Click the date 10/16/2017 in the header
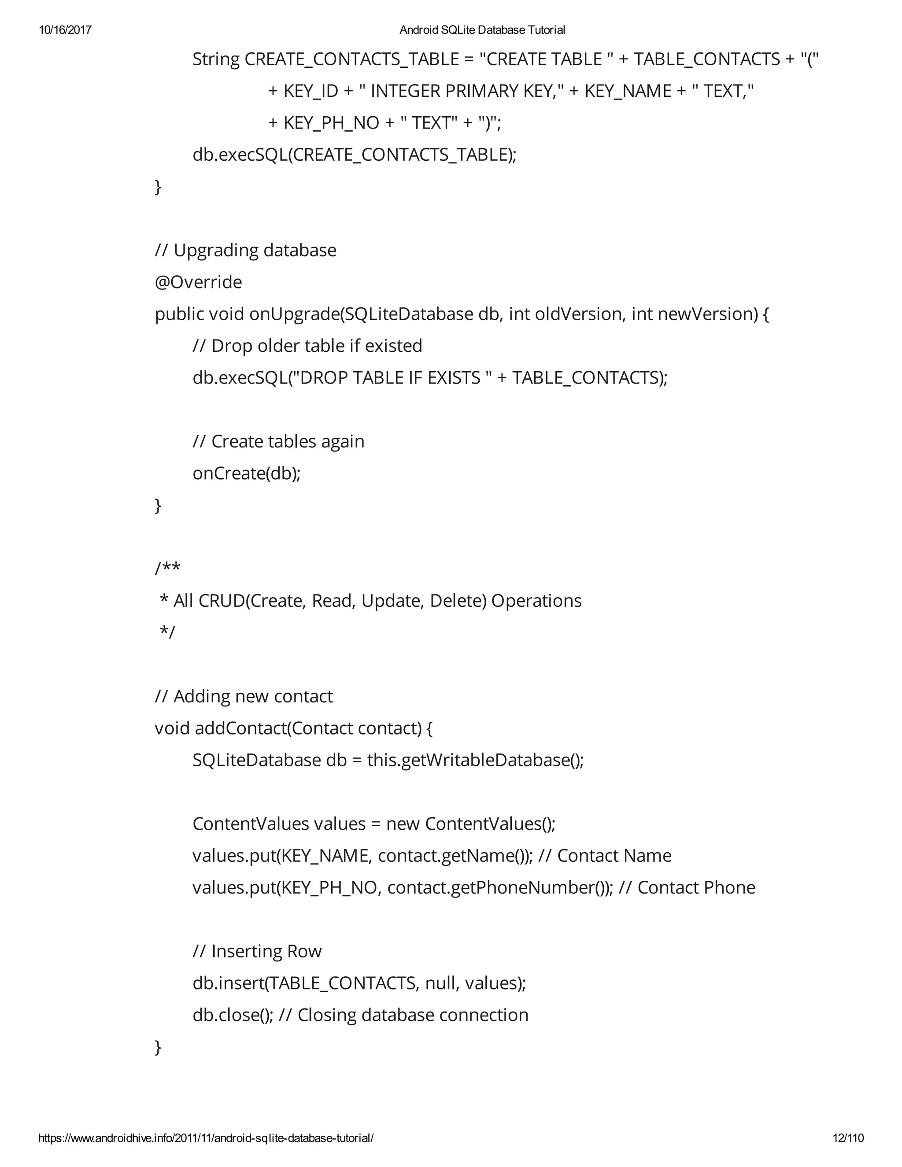(65, 30)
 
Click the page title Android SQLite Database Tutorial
(482, 30)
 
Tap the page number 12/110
(848, 1137)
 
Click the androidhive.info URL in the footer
(206, 1137)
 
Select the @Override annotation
(198, 282)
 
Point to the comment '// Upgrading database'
(245, 250)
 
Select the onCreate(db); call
(246, 473)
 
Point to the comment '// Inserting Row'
(257, 951)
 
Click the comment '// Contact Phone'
(687, 887)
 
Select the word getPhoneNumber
(521, 887)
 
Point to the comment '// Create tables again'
(278, 441)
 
